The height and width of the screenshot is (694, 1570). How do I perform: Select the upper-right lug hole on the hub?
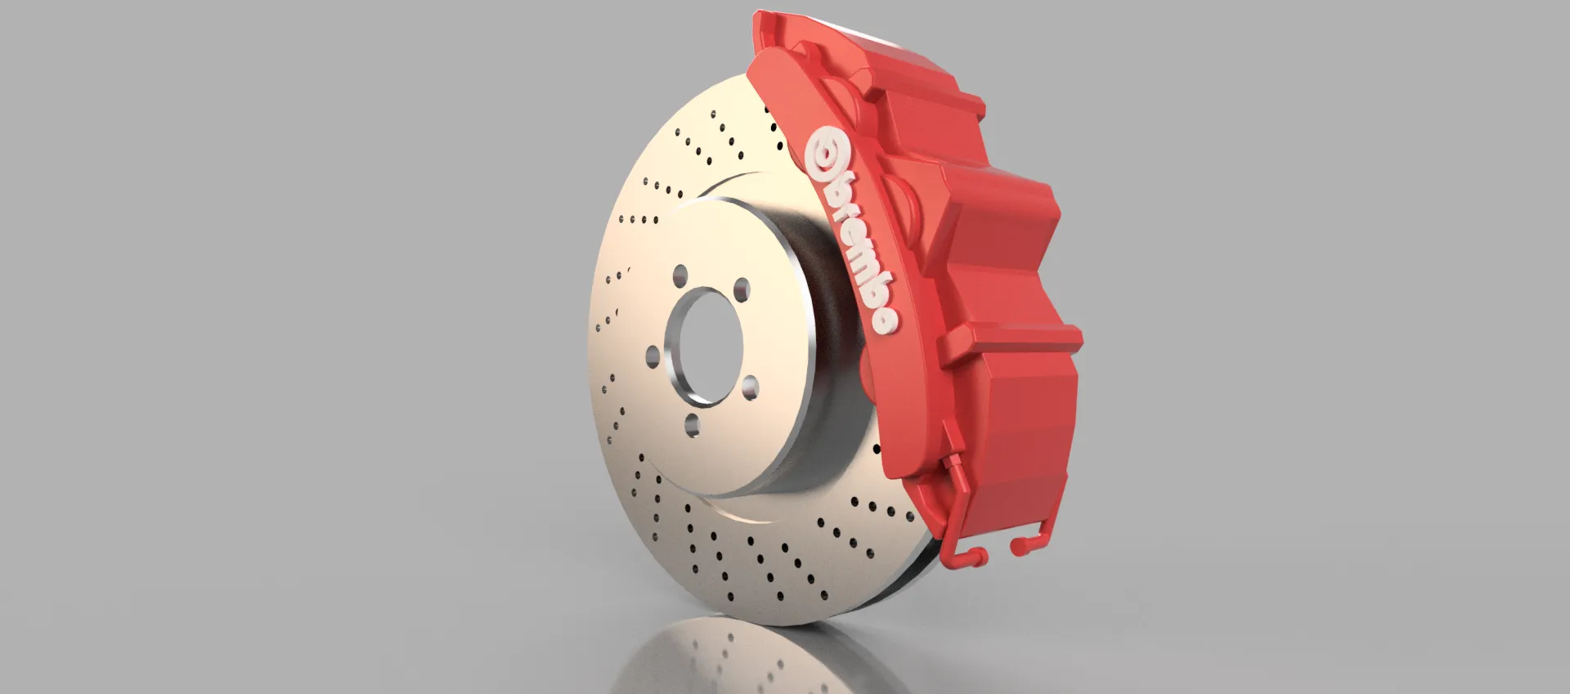(x=741, y=288)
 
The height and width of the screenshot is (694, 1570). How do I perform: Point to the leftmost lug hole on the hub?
(x=653, y=357)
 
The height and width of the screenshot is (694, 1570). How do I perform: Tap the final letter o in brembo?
(x=886, y=321)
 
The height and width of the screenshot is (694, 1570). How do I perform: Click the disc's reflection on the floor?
(x=720, y=654)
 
